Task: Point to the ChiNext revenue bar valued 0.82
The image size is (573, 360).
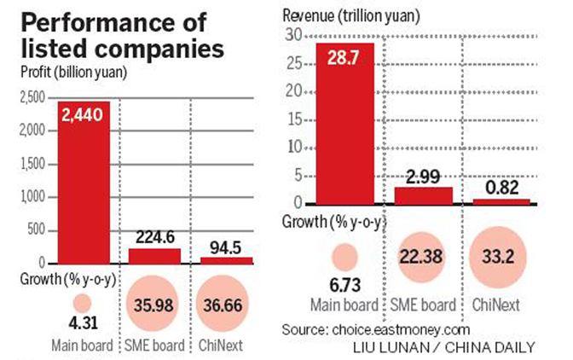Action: click(500, 201)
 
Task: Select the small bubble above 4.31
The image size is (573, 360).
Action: click(81, 302)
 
